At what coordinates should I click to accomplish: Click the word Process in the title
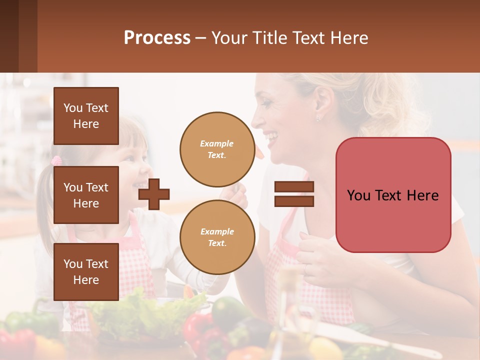tap(157, 38)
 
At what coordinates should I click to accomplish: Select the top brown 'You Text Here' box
tap(86, 116)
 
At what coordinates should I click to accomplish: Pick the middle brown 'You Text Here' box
tap(86, 195)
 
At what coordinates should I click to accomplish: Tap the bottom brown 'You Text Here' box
tap(86, 271)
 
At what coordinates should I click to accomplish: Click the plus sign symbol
tap(154, 194)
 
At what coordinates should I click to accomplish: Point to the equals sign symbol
tap(294, 194)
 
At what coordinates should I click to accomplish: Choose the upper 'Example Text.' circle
tap(217, 149)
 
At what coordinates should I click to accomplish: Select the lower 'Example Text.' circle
tap(217, 237)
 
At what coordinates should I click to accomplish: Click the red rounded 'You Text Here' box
tap(393, 195)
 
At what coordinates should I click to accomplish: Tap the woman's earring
tap(318, 118)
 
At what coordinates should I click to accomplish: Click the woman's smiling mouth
tap(270, 136)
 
